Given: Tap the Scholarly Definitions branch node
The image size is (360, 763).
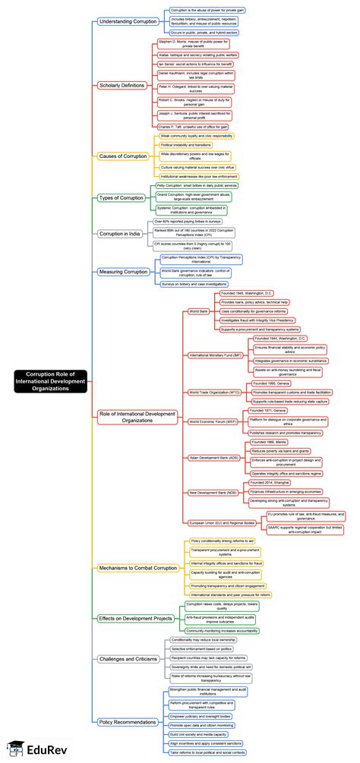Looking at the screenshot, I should (122, 85).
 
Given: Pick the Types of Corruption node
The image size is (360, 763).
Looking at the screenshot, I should (121, 197).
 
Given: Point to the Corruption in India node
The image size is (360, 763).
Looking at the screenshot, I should (120, 234).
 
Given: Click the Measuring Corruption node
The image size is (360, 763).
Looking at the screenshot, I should (123, 271).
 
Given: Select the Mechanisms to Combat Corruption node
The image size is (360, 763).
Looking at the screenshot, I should (138, 567).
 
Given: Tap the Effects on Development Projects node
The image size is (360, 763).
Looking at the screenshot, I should (134, 618).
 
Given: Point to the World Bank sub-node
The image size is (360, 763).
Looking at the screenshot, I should (198, 311).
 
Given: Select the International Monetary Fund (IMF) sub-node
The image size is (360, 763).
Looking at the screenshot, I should (216, 355).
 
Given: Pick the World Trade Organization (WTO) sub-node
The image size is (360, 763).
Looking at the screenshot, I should (215, 392).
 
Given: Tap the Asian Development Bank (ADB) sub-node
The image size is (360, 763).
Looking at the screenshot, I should (214, 457).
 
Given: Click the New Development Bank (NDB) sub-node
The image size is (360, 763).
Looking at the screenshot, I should (213, 493).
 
